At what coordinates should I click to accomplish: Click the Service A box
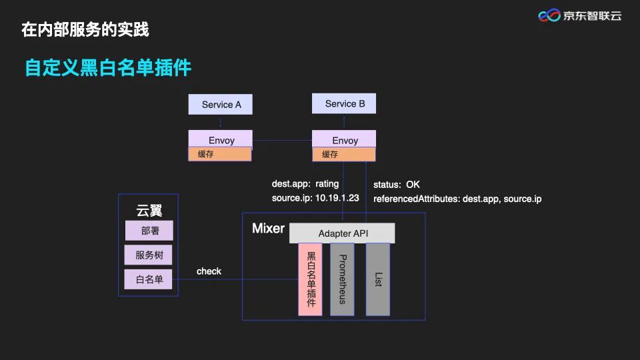[221, 105]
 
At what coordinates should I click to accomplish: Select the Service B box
[344, 103]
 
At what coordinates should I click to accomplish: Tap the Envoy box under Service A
[221, 140]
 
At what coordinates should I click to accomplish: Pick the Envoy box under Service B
[344, 140]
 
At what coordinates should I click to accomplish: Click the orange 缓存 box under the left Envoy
[220, 155]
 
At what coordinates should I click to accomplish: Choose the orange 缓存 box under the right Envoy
[344, 155]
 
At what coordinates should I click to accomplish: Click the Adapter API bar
[343, 233]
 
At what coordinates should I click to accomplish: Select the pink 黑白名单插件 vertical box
[311, 279]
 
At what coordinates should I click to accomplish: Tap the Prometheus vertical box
[342, 279]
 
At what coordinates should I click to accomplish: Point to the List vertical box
[377, 279]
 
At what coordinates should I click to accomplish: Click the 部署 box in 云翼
[149, 231]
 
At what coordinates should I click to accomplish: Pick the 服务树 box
[149, 255]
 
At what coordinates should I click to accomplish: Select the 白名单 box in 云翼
[149, 279]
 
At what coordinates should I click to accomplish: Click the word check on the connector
[209, 271]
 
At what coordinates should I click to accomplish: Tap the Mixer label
[268, 229]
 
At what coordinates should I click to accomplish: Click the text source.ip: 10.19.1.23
[315, 198]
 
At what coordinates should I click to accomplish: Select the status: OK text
[397, 184]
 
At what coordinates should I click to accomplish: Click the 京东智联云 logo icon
[549, 15]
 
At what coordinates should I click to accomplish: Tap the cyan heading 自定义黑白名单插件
[108, 68]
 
